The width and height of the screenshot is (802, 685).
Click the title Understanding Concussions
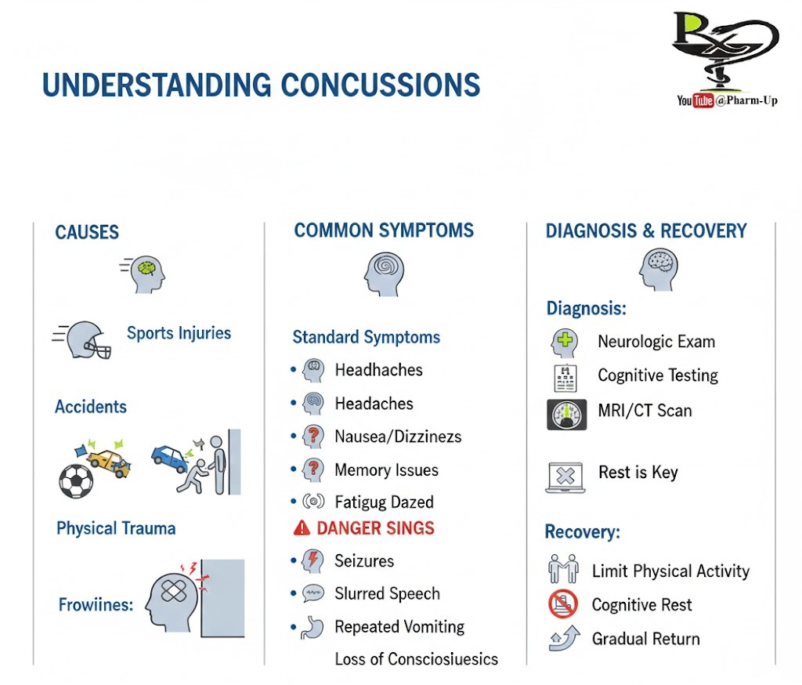click(261, 85)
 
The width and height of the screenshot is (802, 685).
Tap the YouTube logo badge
click(695, 100)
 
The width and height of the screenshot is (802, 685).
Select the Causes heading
click(87, 233)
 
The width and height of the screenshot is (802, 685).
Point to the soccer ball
click(75, 480)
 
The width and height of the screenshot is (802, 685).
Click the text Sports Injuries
click(179, 333)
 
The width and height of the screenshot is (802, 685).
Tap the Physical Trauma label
click(116, 528)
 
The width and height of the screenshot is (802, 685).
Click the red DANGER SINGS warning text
click(375, 528)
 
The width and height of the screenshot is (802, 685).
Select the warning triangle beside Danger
click(302, 529)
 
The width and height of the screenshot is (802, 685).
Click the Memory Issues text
click(386, 470)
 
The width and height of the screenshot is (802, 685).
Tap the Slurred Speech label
click(387, 594)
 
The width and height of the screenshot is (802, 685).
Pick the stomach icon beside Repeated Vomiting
click(312, 628)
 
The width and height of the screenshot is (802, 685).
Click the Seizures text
click(364, 561)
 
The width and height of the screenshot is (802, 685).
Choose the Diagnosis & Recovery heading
click(646, 231)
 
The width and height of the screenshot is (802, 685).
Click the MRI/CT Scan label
click(645, 410)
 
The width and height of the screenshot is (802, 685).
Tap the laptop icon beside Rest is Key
click(565, 477)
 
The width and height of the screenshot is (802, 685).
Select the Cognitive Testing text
click(658, 375)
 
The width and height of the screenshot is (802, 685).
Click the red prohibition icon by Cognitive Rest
click(563, 604)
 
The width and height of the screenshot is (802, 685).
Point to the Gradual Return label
click(645, 639)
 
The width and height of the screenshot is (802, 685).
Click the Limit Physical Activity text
click(670, 571)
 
